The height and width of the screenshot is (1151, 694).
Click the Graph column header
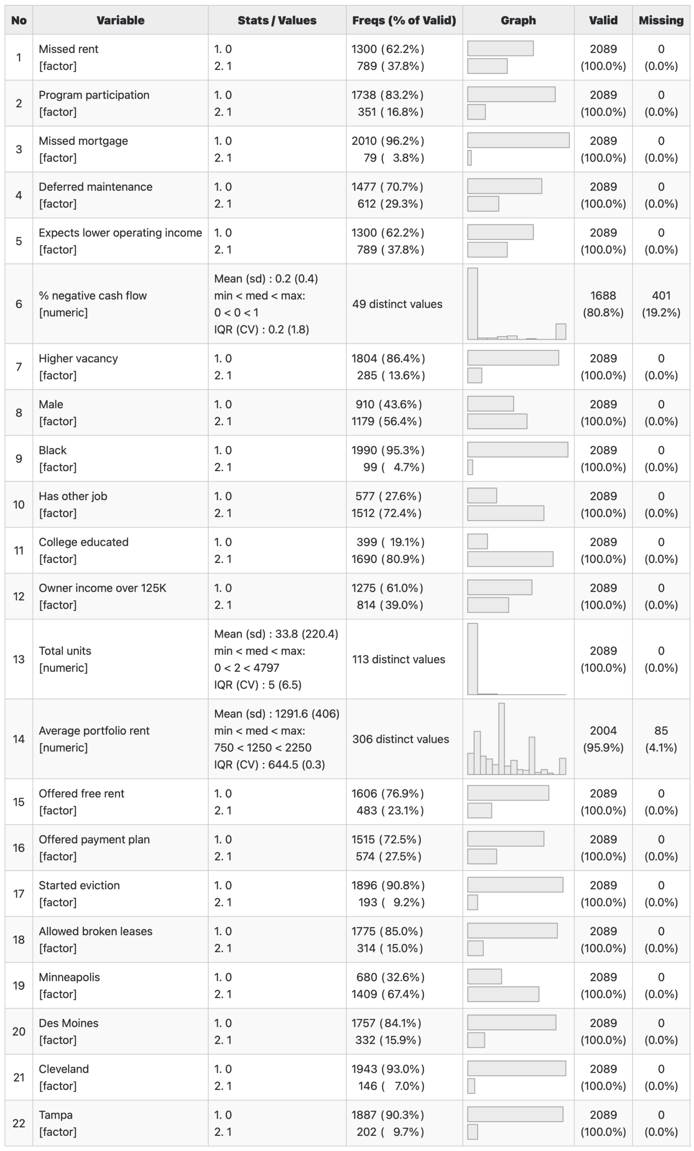click(518, 21)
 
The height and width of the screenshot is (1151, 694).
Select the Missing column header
click(661, 21)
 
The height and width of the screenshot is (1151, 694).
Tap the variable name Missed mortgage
click(83, 141)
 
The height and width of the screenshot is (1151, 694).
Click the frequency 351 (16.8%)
click(387, 112)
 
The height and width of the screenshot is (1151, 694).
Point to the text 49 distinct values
click(397, 304)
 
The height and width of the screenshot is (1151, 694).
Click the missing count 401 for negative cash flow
click(661, 296)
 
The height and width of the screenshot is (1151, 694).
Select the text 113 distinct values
click(398, 659)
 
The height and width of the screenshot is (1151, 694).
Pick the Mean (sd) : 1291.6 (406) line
click(276, 714)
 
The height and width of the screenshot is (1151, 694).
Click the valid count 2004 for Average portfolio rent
click(603, 731)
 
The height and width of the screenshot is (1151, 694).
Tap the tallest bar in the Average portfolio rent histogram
click(502, 739)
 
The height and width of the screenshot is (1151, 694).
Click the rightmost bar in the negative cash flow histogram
click(561, 331)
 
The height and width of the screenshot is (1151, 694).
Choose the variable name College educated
click(84, 542)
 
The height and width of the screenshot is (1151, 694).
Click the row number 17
click(19, 894)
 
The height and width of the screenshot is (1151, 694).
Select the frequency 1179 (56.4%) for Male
click(387, 421)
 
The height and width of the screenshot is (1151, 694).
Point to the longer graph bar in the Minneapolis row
click(503, 994)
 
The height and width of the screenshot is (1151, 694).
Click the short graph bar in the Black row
click(470, 467)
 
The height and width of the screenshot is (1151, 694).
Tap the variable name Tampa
click(56, 1115)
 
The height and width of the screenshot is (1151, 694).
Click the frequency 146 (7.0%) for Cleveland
click(388, 1086)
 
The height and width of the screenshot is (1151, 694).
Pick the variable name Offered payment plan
click(94, 839)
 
